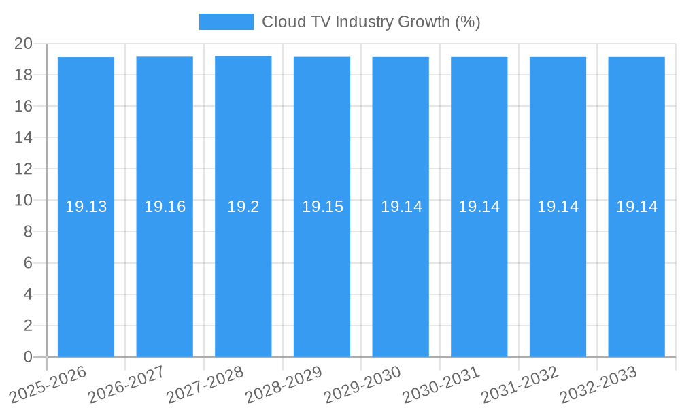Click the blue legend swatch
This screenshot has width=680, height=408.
tap(226, 22)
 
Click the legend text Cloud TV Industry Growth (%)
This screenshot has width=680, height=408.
tap(371, 22)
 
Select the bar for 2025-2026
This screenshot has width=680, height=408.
tap(86, 272)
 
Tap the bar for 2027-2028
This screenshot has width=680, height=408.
tap(243, 272)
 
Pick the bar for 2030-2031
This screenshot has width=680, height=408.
tap(479, 272)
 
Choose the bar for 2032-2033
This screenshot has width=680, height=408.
tap(636, 272)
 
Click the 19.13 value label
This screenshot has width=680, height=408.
tap(86, 207)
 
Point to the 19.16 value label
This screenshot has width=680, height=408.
tap(165, 207)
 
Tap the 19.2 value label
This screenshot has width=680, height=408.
tap(243, 207)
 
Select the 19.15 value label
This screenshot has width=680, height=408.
tap(322, 207)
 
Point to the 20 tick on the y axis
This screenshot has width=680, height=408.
tap(24, 44)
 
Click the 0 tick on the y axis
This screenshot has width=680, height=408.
tap(28, 357)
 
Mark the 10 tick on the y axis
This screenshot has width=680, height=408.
tap(24, 201)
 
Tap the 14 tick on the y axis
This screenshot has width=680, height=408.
tap(24, 137)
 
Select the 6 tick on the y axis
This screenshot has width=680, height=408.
tap(28, 263)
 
